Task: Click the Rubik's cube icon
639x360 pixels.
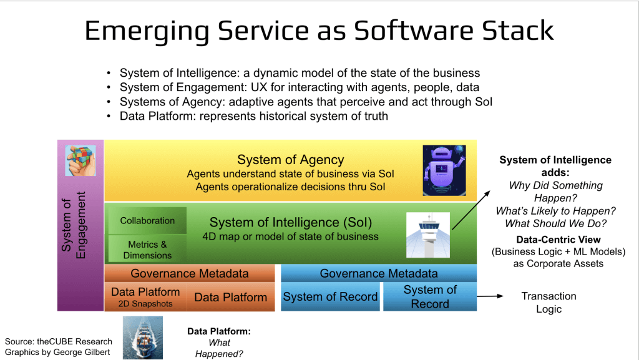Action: click(80, 160)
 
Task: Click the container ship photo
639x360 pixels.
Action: click(142, 337)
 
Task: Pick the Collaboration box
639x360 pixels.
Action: click(147, 221)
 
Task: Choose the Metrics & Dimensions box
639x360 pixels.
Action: click(147, 250)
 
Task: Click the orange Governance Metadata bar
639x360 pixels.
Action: click(189, 273)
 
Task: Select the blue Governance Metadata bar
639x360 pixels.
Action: click(378, 273)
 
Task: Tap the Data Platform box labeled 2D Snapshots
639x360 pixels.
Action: click(145, 297)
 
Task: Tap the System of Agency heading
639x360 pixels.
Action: click(290, 160)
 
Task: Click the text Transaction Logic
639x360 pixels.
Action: click(549, 302)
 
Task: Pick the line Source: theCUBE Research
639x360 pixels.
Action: click(59, 341)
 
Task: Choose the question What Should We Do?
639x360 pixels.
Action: click(555, 224)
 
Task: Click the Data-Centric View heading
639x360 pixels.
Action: click(558, 240)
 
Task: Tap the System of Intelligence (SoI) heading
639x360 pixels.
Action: click(290, 222)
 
